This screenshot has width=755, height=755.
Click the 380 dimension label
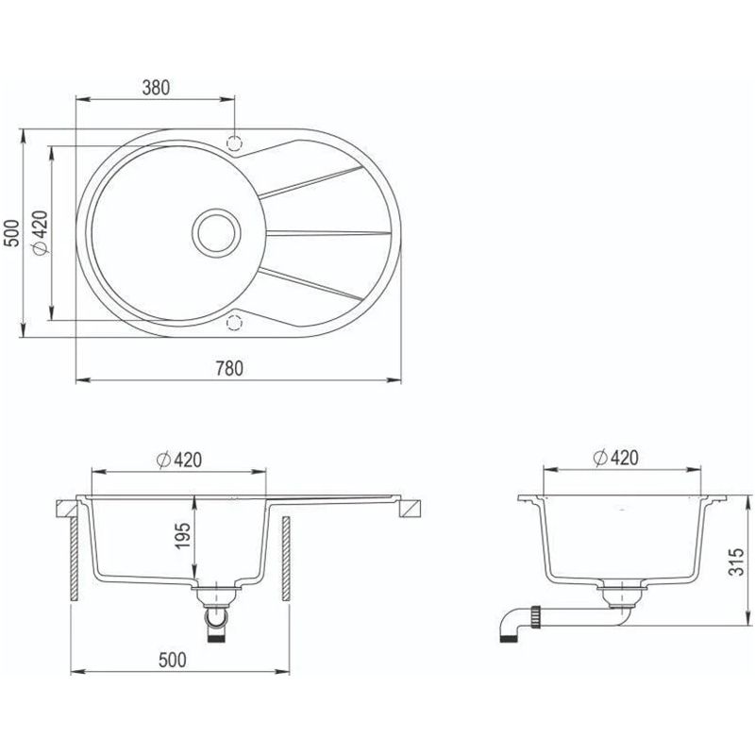[156, 88]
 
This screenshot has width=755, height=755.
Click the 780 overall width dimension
[229, 368]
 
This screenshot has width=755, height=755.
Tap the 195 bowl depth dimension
[183, 536]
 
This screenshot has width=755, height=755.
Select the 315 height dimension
[736, 562]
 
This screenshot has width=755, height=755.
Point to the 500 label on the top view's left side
[11, 233]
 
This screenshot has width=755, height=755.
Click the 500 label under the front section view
[172, 660]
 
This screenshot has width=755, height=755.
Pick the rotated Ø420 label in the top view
[40, 233]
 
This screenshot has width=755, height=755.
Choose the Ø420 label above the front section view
[179, 460]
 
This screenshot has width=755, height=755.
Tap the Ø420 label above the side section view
[616, 458]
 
